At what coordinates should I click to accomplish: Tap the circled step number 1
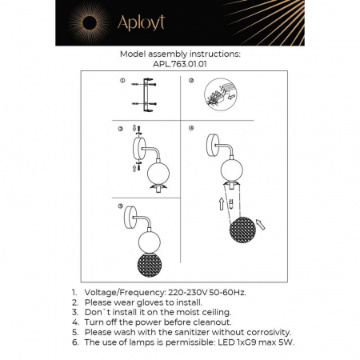pyautogui.click(x=123, y=81)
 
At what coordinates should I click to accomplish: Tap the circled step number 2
pyautogui.click(x=191, y=81)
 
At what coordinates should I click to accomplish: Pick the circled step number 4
pyautogui.click(x=191, y=128)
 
